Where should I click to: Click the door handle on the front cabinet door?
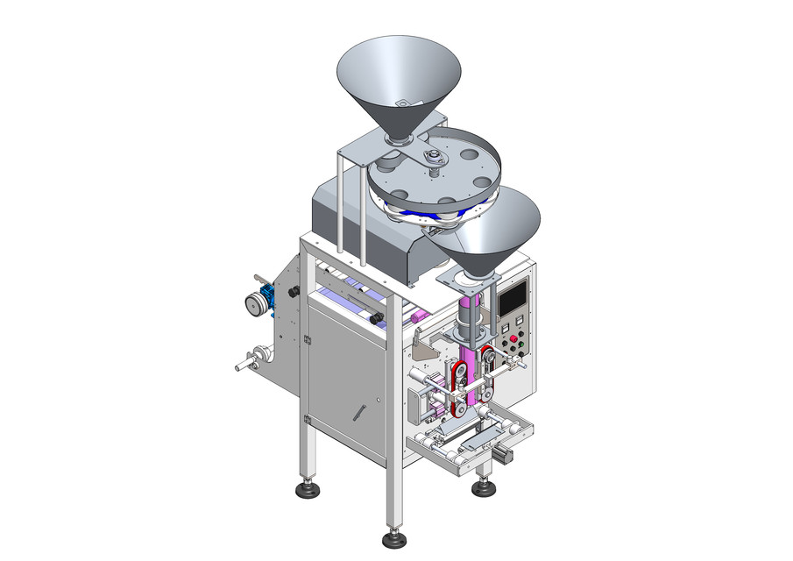pyautogui.click(x=359, y=410)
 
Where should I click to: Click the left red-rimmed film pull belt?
pyautogui.click(x=456, y=386)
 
